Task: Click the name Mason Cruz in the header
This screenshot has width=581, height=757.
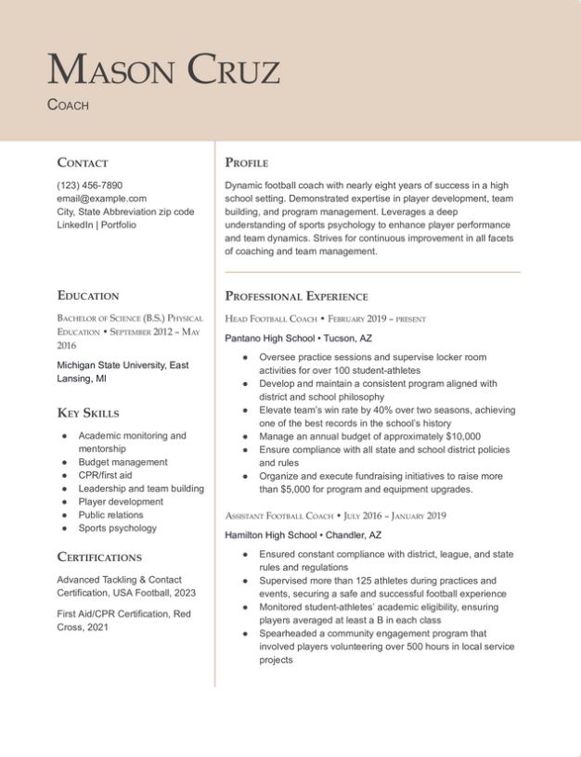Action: tap(163, 70)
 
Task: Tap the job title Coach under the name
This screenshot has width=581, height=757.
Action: tap(68, 105)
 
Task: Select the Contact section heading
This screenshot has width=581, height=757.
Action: tap(83, 162)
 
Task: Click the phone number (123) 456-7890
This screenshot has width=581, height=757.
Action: tap(89, 185)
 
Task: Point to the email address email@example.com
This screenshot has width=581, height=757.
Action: tap(101, 199)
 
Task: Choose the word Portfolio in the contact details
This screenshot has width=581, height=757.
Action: tap(119, 225)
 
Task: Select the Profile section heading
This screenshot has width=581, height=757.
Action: tap(247, 162)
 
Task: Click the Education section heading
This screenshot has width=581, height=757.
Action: tap(88, 296)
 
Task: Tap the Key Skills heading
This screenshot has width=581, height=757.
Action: tap(88, 413)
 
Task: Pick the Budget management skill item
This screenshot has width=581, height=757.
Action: tap(123, 462)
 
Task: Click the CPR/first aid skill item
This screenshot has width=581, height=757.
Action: tap(105, 475)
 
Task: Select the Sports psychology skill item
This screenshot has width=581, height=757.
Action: tap(117, 528)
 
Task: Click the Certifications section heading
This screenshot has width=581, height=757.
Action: tap(99, 558)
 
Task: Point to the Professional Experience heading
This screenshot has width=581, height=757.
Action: tap(296, 296)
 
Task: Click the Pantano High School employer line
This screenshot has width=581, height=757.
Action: tap(298, 339)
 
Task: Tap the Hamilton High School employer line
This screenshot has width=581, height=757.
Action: tap(303, 535)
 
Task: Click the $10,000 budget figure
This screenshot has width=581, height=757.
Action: tap(463, 436)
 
